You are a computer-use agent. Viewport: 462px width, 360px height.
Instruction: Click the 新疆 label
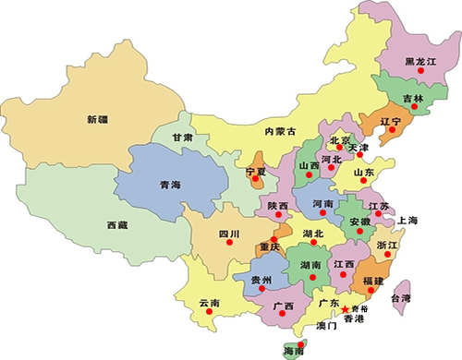coord(97,119)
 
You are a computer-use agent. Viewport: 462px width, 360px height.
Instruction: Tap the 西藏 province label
coord(117,224)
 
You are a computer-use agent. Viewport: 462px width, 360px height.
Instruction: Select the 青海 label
coord(169,184)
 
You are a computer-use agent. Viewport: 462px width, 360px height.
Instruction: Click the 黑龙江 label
coord(420,61)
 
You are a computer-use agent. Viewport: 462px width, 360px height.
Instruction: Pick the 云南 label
coord(210,303)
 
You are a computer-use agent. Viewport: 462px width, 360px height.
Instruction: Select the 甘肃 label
coord(183,138)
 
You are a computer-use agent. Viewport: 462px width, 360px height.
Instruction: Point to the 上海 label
coord(407,221)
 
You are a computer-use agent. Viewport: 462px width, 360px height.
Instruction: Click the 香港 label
coord(355,319)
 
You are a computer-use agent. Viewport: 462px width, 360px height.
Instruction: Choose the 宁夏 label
coord(256,172)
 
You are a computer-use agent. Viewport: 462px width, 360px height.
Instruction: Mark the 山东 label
coord(363,172)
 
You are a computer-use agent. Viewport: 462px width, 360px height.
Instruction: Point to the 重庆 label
coord(270,247)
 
